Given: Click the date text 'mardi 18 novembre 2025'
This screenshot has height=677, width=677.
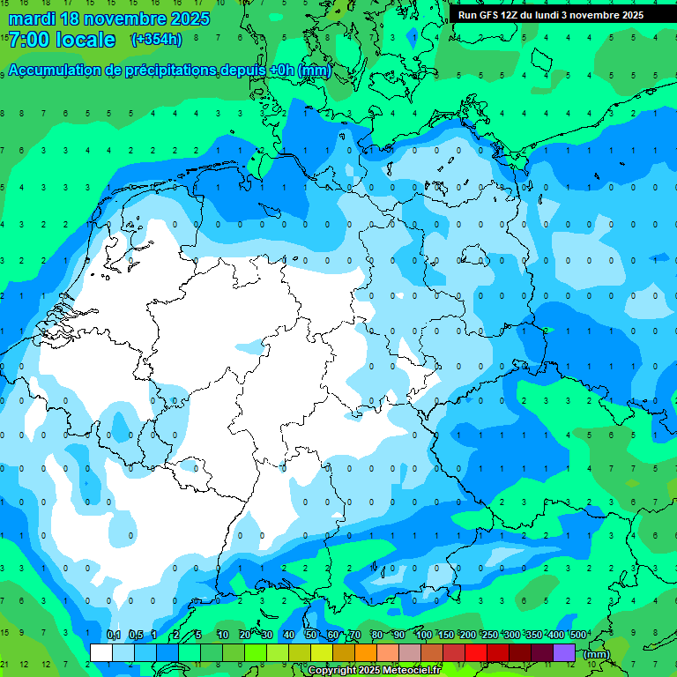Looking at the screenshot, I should coord(109,19).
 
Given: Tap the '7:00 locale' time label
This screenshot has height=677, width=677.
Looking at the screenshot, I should coord(62,40).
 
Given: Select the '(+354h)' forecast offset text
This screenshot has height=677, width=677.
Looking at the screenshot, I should coord(156,40).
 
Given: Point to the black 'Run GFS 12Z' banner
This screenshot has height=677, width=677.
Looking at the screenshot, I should coord(551,14).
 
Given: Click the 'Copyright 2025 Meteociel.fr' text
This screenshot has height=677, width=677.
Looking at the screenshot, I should coord(375,671).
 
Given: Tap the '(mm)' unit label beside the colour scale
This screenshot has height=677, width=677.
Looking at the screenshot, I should coord(596,653).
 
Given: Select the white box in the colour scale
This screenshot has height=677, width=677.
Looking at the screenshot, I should coord(101,652).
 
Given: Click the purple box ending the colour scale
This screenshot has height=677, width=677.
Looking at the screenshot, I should coord(564,652).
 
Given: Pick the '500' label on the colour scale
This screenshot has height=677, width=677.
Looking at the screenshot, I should coord(578,635).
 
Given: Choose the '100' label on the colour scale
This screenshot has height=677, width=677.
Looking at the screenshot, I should coord(424,635).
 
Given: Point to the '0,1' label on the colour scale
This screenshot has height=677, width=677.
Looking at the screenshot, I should coord(114,635).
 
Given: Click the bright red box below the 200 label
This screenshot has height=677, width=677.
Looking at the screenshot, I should coord(476,652).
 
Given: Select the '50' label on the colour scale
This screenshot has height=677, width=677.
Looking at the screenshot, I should coord(311,635).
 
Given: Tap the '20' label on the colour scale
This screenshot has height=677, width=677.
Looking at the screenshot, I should coord(245,635).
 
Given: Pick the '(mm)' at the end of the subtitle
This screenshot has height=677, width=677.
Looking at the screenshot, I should coord(314,71).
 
